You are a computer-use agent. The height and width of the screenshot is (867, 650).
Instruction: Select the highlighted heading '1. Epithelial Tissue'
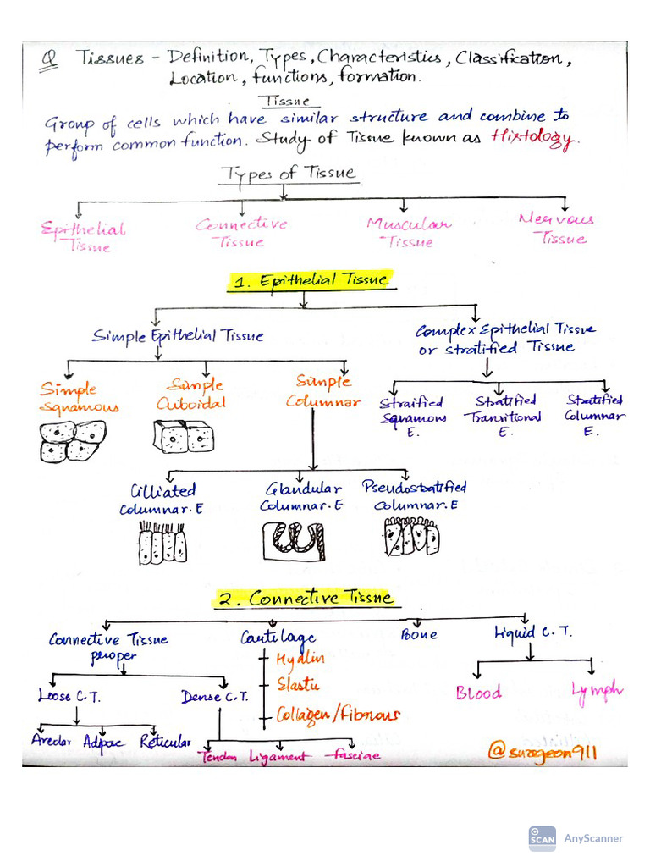click(311, 281)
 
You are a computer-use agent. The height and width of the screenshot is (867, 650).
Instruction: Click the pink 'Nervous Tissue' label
click(558, 229)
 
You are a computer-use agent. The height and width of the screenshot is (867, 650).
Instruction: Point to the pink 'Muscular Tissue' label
click(409, 233)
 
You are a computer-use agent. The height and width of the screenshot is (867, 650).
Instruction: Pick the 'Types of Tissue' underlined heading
click(289, 174)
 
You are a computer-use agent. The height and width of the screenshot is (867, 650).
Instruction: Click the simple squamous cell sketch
click(73, 440)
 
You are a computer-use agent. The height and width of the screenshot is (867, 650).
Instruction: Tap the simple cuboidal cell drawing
click(183, 437)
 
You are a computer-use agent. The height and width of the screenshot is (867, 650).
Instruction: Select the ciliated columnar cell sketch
click(162, 543)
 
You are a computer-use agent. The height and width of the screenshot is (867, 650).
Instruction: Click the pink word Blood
click(478, 693)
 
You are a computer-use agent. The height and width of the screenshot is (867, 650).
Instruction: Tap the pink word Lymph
click(597, 691)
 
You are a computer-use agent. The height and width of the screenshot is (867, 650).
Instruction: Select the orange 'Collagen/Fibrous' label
click(338, 715)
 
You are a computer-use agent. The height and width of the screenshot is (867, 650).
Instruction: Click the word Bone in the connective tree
click(419, 634)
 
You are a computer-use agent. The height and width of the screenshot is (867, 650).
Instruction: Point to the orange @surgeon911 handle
click(542, 750)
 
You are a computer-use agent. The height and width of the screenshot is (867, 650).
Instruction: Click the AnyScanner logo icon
click(543, 838)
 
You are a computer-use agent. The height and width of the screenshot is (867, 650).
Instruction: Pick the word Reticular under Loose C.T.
click(165, 743)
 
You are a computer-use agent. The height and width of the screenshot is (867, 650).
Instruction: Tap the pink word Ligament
click(277, 756)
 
